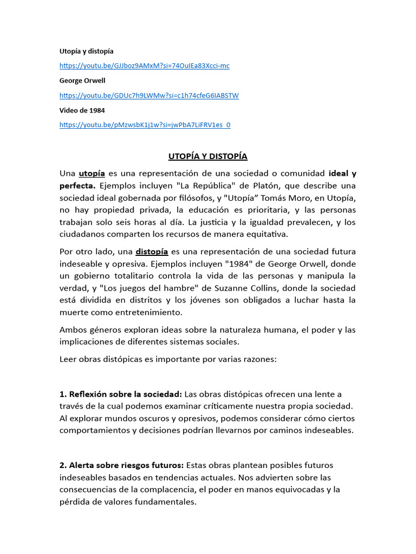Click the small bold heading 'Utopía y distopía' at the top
click(x=86, y=51)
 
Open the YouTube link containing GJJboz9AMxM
click(x=144, y=66)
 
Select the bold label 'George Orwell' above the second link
click(x=82, y=81)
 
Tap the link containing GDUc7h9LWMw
click(x=149, y=96)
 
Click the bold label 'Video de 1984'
click(x=82, y=110)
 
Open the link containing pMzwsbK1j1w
click(x=145, y=125)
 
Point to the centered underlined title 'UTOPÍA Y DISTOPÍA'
click(x=207, y=156)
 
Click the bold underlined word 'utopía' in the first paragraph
click(x=92, y=174)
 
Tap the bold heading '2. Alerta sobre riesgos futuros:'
click(x=121, y=466)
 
